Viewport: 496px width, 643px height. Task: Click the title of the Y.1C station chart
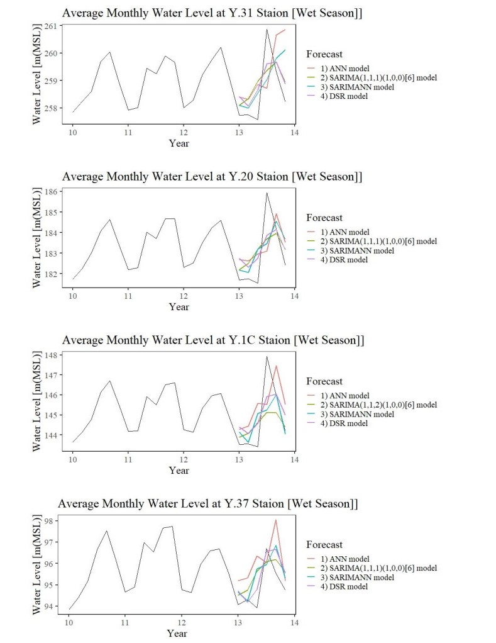pos(213,340)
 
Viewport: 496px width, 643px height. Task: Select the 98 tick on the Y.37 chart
pos(52,520)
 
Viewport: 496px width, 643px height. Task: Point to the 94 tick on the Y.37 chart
pos(52,607)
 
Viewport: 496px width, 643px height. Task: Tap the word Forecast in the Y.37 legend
pos(324,544)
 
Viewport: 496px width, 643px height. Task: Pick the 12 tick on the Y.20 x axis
pos(183,294)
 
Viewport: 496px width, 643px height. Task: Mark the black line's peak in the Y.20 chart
pos(267,193)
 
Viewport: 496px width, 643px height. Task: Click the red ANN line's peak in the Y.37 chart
pos(276,520)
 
